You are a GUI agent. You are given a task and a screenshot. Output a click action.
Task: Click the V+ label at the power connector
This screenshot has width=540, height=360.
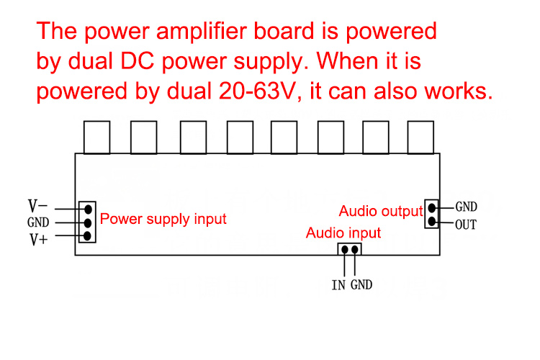(x=38, y=239)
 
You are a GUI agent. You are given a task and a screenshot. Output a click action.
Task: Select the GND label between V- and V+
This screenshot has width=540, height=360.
(x=38, y=223)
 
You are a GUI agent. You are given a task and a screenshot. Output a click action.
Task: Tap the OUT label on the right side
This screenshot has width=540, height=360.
(x=466, y=224)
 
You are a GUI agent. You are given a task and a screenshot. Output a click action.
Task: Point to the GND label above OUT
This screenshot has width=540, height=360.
(x=466, y=207)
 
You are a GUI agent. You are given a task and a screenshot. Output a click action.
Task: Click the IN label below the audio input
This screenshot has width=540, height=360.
(x=338, y=285)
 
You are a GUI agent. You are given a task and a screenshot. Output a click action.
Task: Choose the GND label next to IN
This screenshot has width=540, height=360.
(x=361, y=285)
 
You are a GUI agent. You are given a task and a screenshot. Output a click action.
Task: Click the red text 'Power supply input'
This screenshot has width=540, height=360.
(x=163, y=218)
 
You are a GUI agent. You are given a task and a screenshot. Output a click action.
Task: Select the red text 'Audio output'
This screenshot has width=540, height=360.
(x=380, y=211)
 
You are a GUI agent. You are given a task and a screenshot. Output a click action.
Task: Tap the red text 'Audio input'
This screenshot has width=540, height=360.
(x=343, y=233)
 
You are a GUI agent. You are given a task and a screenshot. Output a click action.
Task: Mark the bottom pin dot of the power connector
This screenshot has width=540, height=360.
(x=87, y=235)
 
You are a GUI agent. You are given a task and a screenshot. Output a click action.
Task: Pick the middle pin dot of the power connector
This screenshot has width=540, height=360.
(x=87, y=222)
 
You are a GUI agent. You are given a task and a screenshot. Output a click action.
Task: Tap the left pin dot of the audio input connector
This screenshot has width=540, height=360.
(x=345, y=250)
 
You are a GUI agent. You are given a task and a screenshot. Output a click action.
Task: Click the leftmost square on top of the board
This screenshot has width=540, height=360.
(x=97, y=137)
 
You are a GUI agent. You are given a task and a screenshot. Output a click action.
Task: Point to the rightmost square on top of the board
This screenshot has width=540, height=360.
(x=420, y=137)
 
